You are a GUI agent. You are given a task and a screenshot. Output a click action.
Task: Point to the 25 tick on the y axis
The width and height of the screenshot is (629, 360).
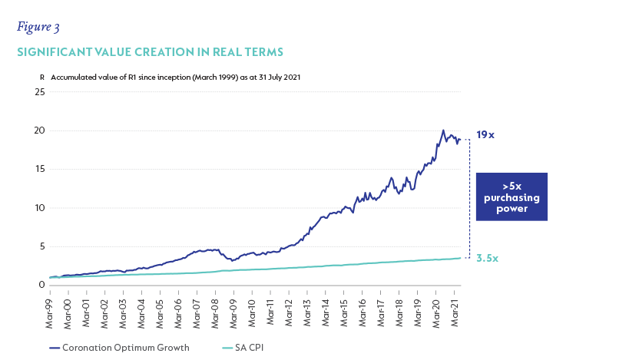pyautogui.click(x=41, y=92)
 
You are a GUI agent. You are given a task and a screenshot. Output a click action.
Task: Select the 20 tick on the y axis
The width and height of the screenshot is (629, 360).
pyautogui.click(x=41, y=130)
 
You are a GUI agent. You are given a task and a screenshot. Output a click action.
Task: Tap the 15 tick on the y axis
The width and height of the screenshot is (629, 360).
pyautogui.click(x=41, y=169)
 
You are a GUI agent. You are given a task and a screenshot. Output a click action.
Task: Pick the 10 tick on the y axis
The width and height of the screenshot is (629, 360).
pyautogui.click(x=41, y=208)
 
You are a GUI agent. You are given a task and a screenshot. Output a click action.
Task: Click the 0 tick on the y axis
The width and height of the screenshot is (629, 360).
pyautogui.click(x=43, y=285)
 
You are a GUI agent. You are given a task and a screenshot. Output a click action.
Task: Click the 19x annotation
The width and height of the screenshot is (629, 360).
pyautogui.click(x=485, y=135)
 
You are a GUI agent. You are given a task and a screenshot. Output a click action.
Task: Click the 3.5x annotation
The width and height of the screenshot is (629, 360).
pyautogui.click(x=486, y=259)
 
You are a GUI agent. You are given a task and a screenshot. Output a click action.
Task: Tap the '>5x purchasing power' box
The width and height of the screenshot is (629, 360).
pyautogui.click(x=511, y=197)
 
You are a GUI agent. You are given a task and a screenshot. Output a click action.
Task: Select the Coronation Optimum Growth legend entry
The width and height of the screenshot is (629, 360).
pyautogui.click(x=119, y=348)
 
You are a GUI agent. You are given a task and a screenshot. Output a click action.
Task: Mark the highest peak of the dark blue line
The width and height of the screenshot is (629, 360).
pyautogui.click(x=443, y=130)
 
